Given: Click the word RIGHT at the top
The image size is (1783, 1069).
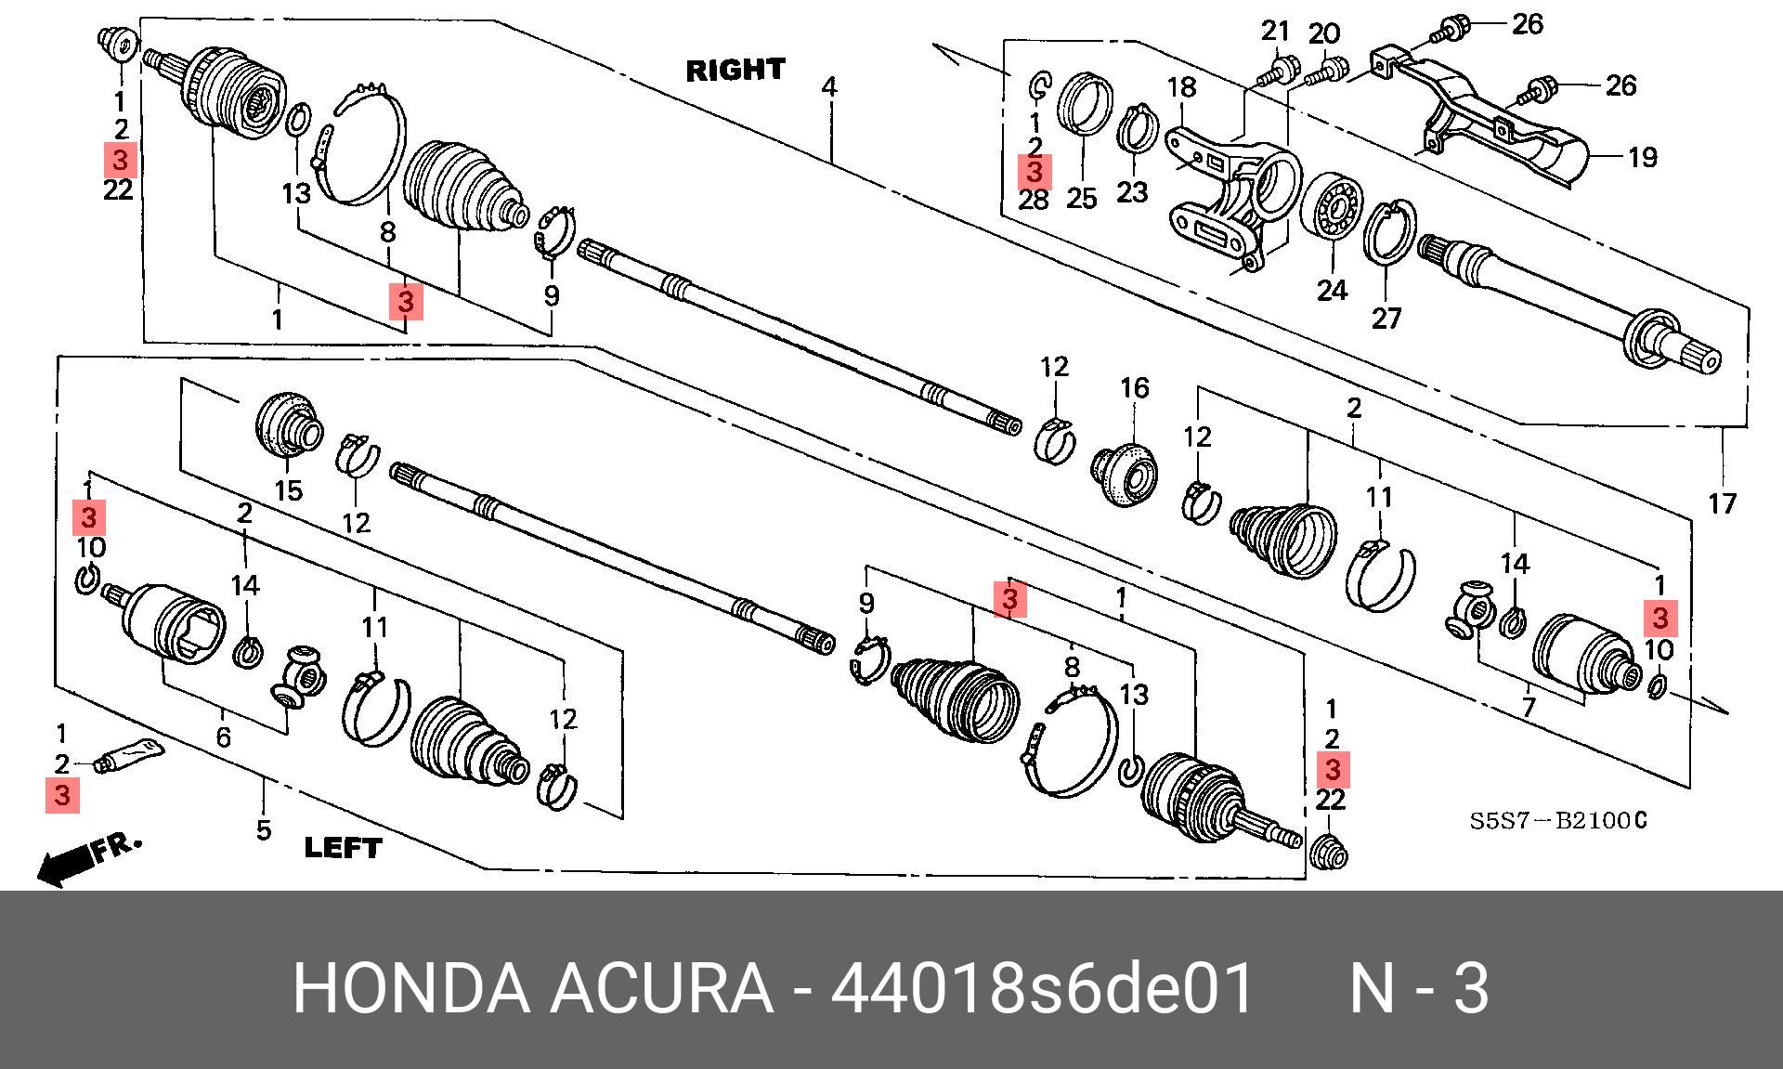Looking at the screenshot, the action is tap(735, 70).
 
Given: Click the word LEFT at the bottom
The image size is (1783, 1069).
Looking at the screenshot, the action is tap(343, 847).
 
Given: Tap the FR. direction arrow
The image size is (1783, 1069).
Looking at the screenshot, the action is tap(88, 859).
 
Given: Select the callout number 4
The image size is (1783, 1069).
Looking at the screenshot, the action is tap(828, 88).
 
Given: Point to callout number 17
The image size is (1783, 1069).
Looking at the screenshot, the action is tap(1722, 504).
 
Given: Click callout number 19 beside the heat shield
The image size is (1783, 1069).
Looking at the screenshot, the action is tap(1642, 157).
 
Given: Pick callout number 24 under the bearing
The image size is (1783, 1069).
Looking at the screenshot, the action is tap(1332, 291).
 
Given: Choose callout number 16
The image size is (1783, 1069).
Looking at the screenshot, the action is tap(1135, 388).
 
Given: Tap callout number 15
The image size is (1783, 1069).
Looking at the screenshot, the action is tap(289, 490).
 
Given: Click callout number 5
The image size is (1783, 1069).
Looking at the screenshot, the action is tap(264, 829).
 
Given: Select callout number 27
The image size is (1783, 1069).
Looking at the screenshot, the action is tap(1386, 319).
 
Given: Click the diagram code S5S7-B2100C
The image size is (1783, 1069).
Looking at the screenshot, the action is tap(1558, 821).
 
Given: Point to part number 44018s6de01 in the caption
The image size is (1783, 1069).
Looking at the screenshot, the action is tap(1042, 989).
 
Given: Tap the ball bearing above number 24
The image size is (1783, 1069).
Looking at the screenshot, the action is tap(1332, 209).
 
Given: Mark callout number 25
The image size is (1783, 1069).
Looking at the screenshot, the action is tap(1081, 198).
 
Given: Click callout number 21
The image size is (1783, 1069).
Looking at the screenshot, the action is tap(1276, 32).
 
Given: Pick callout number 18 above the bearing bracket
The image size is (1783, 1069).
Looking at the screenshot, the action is tap(1181, 88).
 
